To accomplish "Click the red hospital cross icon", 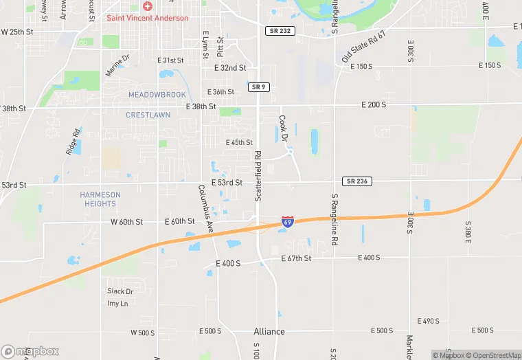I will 147,6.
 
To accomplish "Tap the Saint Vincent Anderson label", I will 147,18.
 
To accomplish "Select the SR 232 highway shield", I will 280,32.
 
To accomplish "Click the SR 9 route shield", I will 258,87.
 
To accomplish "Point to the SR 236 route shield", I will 357,181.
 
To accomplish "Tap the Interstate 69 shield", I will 288,222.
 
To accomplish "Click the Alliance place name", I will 269,332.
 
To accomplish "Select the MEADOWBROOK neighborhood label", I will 157,94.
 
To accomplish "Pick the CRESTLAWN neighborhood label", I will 148,115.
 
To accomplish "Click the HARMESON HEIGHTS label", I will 100,199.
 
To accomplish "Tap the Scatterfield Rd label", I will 258,176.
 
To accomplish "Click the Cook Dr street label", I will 283,128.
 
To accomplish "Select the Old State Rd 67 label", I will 364,47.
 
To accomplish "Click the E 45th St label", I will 239,143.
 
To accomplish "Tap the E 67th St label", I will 296,258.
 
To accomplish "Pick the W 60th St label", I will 126,222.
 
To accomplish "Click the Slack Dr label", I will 120,292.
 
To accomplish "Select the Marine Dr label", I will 117,65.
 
